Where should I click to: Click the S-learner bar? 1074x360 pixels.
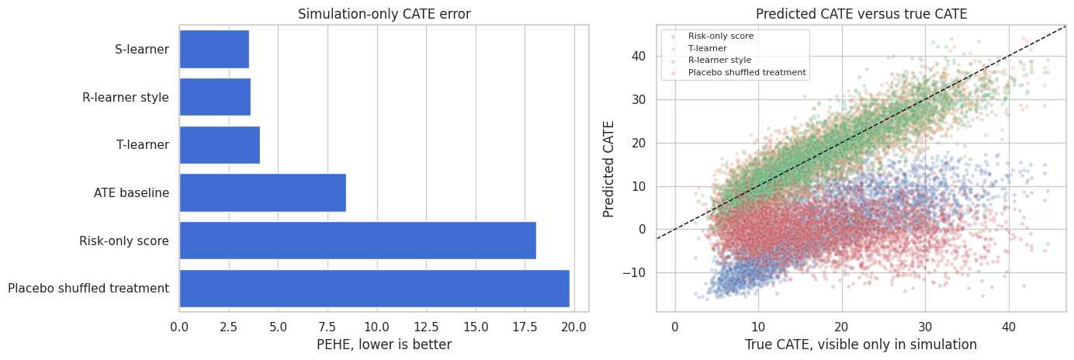click(214, 50)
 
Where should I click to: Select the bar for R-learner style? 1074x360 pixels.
click(215, 97)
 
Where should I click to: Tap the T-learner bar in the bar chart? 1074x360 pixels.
click(220, 145)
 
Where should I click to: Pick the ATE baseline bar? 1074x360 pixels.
click(263, 192)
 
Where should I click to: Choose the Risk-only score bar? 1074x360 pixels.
click(358, 241)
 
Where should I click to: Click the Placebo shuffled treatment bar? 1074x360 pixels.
click(375, 288)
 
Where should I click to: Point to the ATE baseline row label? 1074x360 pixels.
click(131, 192)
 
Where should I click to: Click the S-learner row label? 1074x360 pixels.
click(142, 50)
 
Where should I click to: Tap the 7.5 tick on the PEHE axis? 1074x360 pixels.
click(327, 327)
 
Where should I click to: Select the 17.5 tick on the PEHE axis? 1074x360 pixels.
click(525, 327)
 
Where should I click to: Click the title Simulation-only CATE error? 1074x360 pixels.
click(384, 14)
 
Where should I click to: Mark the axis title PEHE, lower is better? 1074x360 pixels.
click(384, 344)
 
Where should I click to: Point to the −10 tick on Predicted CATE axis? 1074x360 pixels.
click(634, 273)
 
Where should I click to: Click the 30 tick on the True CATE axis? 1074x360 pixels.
click(925, 327)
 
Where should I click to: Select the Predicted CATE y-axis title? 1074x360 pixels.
click(608, 169)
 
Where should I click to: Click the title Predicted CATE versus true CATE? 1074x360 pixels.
click(861, 14)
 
